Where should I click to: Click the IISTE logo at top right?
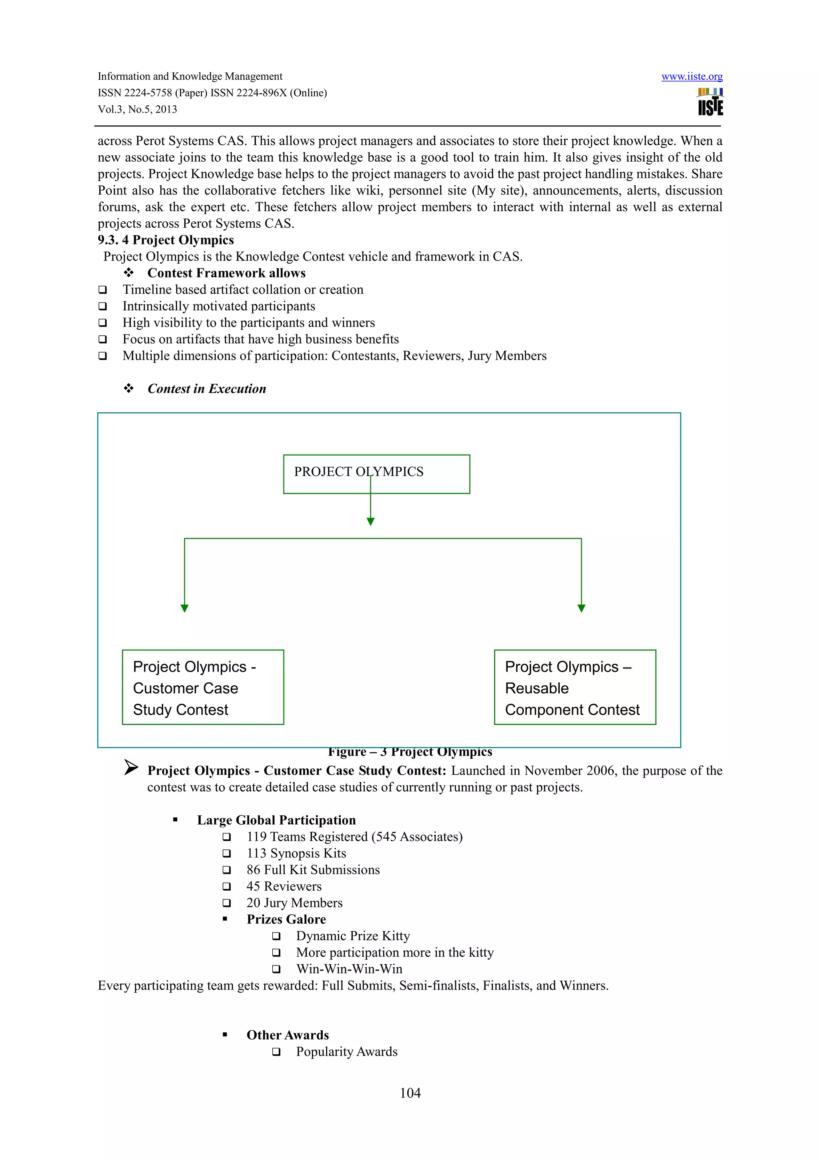(x=710, y=102)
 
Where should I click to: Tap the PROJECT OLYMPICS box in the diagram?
(x=376, y=474)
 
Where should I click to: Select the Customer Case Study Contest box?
(x=203, y=687)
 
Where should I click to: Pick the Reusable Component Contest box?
(x=575, y=687)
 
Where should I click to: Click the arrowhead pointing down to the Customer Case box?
(x=185, y=608)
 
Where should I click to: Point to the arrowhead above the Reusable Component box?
(x=581, y=608)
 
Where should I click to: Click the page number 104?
(x=410, y=1093)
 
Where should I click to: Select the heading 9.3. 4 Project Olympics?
(x=166, y=240)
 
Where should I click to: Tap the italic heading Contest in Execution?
(x=207, y=389)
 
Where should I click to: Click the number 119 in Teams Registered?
(x=256, y=837)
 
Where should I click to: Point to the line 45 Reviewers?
(x=284, y=886)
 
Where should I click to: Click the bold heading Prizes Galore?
(x=286, y=919)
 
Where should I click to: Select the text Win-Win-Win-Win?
(x=349, y=969)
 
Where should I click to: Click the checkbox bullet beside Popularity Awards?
(x=276, y=1052)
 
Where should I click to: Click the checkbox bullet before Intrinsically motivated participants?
(x=102, y=306)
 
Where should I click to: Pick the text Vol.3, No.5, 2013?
(x=137, y=109)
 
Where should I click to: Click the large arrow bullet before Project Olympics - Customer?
(x=131, y=768)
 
